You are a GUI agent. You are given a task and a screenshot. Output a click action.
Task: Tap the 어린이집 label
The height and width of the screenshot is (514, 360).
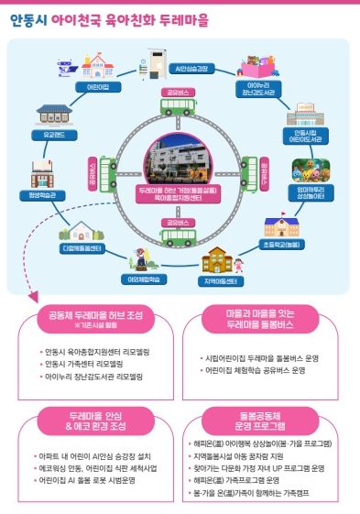coord(98,86)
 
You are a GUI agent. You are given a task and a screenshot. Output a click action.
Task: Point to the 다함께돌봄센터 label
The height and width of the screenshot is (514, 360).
coord(84,248)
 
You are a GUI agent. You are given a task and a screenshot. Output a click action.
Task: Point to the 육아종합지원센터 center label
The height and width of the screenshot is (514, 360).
coord(179,198)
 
